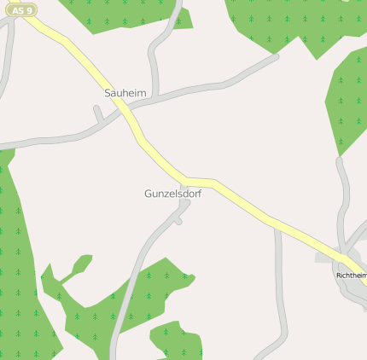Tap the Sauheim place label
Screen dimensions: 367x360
(x=125, y=92)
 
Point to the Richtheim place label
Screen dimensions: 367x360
(x=351, y=276)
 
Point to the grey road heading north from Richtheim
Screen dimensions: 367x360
(x=345, y=188)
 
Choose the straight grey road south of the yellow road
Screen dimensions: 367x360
(x=279, y=282)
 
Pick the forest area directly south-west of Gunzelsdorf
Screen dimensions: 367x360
(x=128, y=299)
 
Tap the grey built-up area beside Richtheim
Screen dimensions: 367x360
(x=329, y=257)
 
